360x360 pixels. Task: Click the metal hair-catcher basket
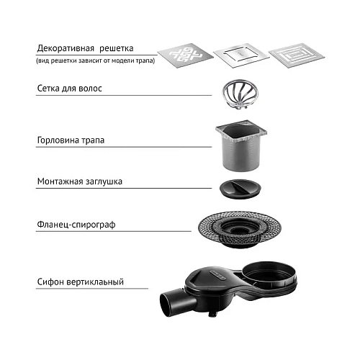(240, 93)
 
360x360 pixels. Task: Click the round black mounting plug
(240, 189)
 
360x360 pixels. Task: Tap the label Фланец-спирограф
(76, 225)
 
